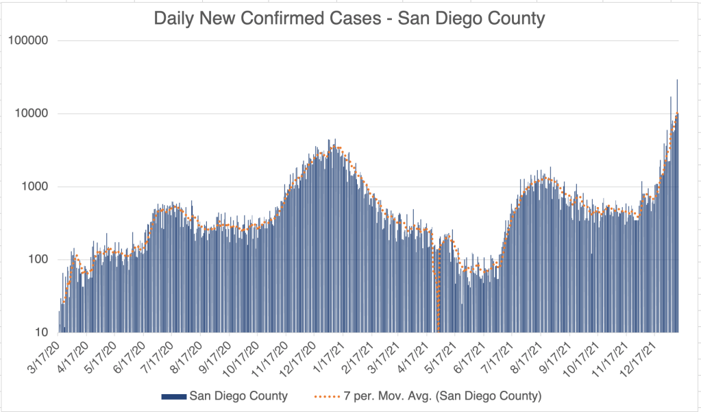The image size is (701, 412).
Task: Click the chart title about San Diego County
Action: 349,18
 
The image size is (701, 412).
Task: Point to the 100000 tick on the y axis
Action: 29,40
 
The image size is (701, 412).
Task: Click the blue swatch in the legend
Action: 173,396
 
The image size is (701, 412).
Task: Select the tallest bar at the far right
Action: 677,206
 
